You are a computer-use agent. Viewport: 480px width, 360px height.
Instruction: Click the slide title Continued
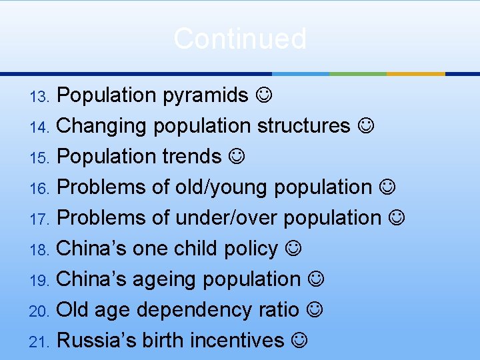pyautogui.click(x=240, y=39)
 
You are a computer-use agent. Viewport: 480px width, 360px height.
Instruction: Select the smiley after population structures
pyautogui.click(x=365, y=125)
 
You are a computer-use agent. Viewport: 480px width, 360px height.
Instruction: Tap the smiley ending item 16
pyautogui.click(x=387, y=187)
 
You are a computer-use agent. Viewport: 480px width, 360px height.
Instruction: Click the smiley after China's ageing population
pyautogui.click(x=316, y=279)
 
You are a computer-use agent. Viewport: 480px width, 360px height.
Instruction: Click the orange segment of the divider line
pyautogui.click(x=415, y=73)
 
